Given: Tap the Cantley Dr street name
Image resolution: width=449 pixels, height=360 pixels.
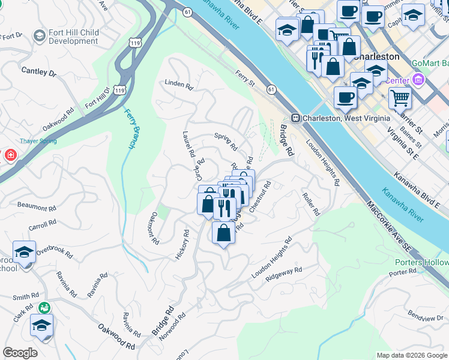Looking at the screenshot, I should click(38, 72).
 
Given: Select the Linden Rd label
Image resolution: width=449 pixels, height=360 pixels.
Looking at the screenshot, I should click(179, 85).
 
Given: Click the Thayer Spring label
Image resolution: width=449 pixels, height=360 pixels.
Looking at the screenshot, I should click(39, 141).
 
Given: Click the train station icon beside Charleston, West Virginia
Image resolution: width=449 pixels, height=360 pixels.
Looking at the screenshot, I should click(295, 118).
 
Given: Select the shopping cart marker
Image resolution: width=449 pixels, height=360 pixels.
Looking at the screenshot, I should click(400, 97).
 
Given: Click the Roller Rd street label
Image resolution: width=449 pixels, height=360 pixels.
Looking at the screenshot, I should click(312, 204).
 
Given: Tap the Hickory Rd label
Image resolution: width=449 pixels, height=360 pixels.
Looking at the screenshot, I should click(182, 245).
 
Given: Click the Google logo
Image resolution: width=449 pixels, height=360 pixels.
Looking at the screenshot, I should click(20, 353).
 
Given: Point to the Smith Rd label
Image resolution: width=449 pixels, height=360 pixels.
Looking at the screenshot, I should click(26, 296).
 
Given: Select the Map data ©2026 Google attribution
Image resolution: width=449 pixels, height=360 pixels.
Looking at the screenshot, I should click(411, 355).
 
